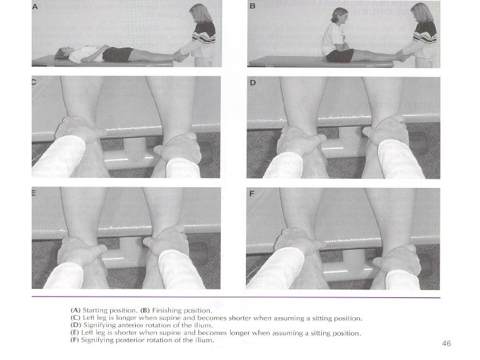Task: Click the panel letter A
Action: pyautogui.click(x=35, y=6)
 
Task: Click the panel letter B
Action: pyautogui.click(x=251, y=6)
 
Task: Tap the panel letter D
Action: pyautogui.click(x=252, y=84)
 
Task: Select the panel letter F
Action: pyautogui.click(x=252, y=194)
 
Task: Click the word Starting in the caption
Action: pyautogui.click(x=102, y=309)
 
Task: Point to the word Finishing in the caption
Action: pyautogui.click(x=169, y=309)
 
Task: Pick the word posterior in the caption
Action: pyautogui.click(x=134, y=340)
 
